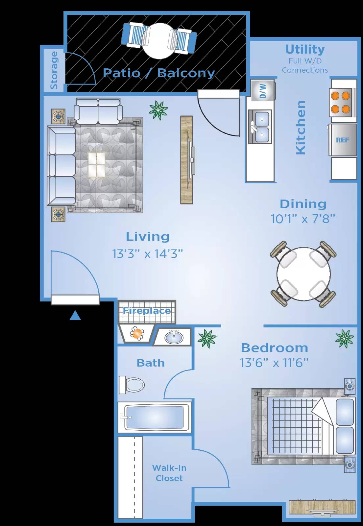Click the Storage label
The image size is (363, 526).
coord(54,70)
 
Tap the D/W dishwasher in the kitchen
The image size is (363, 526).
coord(262,91)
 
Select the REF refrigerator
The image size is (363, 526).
coord(343,140)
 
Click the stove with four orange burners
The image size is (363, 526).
coord(341,102)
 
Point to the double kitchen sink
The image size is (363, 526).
coord(260,127)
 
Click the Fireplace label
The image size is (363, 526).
coord(147,311)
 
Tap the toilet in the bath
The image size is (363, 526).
coord(132,384)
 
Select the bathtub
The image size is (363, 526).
coord(155,417)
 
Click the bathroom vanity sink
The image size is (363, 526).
coord(173,337)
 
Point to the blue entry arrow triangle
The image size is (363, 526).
coord(75,316)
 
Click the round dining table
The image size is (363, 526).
coord(303,274)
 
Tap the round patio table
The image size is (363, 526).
coord(159,41)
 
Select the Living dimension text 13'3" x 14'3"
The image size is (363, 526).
coord(148,254)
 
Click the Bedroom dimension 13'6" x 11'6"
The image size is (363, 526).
coord(274,363)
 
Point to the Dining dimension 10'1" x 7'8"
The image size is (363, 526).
coord(303,219)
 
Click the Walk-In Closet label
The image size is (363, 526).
coord(169,473)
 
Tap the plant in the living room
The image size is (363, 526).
coord(158,110)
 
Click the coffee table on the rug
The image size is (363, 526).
coord(97,164)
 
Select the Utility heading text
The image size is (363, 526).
coord(305,49)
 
